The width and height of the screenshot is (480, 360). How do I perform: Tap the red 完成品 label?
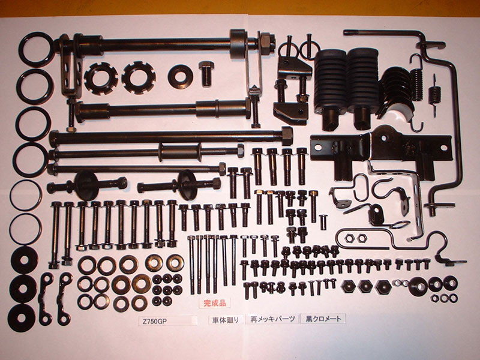pyautogui.click(x=214, y=303)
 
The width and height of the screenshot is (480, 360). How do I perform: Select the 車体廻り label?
pyautogui.click(x=226, y=320)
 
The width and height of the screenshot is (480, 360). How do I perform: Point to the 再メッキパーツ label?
pyautogui.click(x=272, y=319)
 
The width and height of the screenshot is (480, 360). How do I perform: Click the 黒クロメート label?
pyautogui.click(x=323, y=319)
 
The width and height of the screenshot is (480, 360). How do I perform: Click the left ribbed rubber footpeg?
pyautogui.click(x=330, y=89)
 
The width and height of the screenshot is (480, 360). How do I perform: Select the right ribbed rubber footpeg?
pyautogui.click(x=363, y=89)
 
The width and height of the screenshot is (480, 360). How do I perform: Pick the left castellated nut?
pyautogui.click(x=101, y=79)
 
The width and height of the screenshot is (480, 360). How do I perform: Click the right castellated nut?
pyautogui.click(x=139, y=78)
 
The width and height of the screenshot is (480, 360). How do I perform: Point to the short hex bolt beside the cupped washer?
pyautogui.click(x=206, y=73)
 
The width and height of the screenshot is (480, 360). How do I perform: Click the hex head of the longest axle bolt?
pyautogui.click(x=287, y=136)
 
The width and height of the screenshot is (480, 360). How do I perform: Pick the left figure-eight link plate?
pyautogui.click(x=46, y=299)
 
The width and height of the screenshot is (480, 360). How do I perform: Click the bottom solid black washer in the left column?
pyautogui.click(x=22, y=317)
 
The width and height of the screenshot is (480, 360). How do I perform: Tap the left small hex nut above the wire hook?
pyautogui.click(x=348, y=237)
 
